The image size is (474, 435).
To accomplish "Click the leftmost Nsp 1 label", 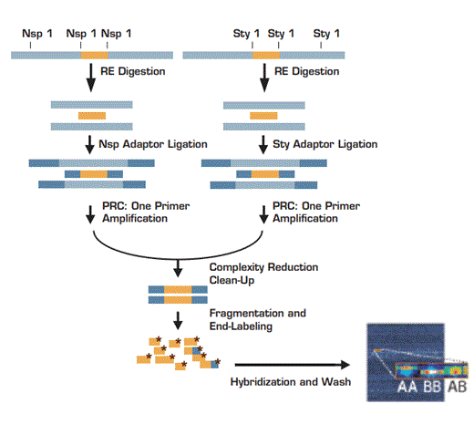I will pyautogui.click(x=37, y=34).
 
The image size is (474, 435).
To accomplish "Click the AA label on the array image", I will pyautogui.click(x=408, y=387).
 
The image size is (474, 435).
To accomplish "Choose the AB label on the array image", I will pyautogui.click(x=457, y=387).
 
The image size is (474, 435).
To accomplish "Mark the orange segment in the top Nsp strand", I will pyautogui.click(x=95, y=56).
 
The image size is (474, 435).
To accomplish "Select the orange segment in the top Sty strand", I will pyautogui.click(x=266, y=56).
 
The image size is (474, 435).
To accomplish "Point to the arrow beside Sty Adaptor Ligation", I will pyautogui.click(x=263, y=144).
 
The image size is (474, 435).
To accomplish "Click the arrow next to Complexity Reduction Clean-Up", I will pyautogui.click(x=179, y=269).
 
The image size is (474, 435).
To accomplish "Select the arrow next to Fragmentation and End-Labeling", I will pyautogui.click(x=179, y=316).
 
